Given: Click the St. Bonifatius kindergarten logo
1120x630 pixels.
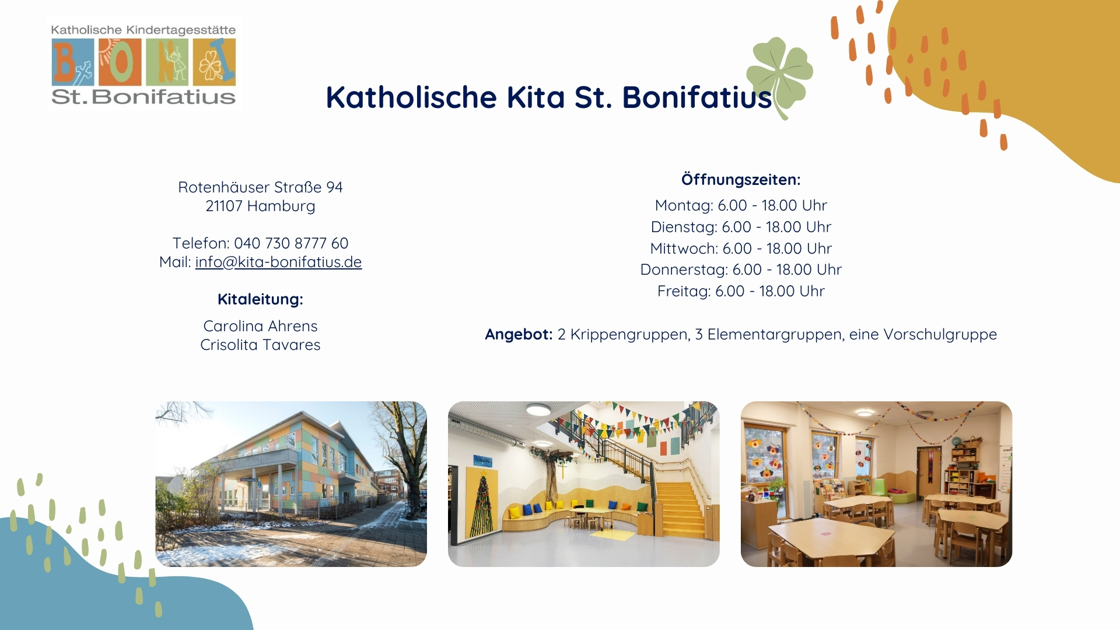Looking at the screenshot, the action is [x=144, y=64].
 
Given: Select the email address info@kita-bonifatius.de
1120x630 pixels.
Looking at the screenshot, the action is [x=278, y=262].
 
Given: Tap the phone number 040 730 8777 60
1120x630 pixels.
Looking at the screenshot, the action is [x=291, y=243].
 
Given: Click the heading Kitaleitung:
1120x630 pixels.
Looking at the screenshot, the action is [x=260, y=299].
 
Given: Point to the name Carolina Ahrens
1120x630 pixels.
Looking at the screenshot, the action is [x=260, y=326].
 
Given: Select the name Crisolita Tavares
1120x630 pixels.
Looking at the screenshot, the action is [x=260, y=345].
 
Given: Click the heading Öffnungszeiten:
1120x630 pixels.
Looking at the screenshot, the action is [x=741, y=180].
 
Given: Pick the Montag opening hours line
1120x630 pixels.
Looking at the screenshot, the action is [x=741, y=205].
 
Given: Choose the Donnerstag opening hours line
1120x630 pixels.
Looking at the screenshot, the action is [x=741, y=269].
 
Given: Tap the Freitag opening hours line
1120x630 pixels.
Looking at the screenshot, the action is [x=741, y=291].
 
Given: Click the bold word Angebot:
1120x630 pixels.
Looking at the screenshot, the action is [x=519, y=334].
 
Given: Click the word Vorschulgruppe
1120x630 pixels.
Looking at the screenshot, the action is [x=940, y=334].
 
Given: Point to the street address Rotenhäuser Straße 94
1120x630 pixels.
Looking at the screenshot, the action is [x=260, y=187].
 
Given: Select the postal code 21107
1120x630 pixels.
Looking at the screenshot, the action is [x=224, y=206].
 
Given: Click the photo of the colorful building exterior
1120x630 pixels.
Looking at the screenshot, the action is [x=291, y=484].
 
